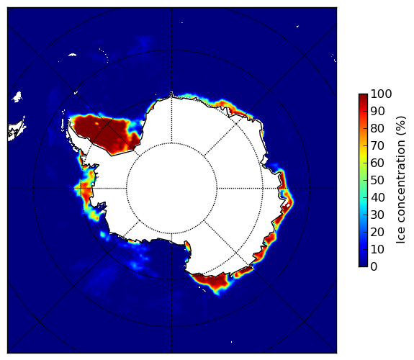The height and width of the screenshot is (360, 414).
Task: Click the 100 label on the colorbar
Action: pyautogui.click(x=381, y=94)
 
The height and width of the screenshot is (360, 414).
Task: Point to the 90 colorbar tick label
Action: pyautogui.click(x=377, y=111)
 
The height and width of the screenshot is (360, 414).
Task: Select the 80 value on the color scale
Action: pyautogui.click(x=377, y=129)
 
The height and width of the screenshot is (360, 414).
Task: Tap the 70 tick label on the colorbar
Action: pyautogui.click(x=377, y=145)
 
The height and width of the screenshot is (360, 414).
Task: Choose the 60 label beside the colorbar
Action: pyautogui.click(x=377, y=163)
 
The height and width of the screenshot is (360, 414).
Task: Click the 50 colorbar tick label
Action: pyautogui.click(x=377, y=181)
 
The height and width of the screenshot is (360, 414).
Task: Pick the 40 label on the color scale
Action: pyautogui.click(x=377, y=197)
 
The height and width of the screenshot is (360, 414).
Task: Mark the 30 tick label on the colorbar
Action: pyautogui.click(x=377, y=215)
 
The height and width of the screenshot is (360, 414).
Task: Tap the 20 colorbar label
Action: pyautogui.click(x=377, y=232)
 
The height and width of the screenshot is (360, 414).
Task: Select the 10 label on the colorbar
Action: pyautogui.click(x=377, y=249)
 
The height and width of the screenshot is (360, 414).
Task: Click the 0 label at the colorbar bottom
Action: pyautogui.click(x=374, y=267)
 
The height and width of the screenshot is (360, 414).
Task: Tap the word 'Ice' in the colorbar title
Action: pyautogui.click(x=401, y=235)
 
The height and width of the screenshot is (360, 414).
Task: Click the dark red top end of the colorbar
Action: pyautogui.click(x=363, y=96)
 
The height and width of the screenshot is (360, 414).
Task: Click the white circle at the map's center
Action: pyautogui.click(x=171, y=189)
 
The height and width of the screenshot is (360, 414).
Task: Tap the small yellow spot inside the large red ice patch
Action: pyautogui.click(x=97, y=123)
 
